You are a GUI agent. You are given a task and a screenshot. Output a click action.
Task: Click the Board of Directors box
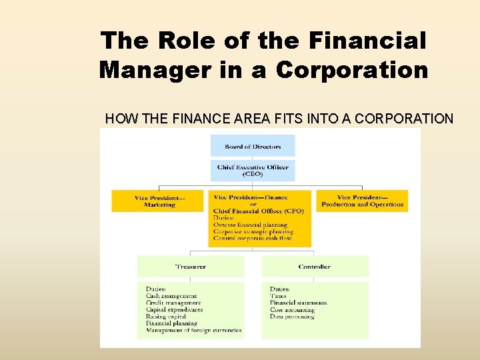(x=253, y=146)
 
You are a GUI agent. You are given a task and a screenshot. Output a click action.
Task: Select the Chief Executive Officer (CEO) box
(x=253, y=171)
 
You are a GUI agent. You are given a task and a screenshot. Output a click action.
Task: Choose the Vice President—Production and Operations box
(x=362, y=201)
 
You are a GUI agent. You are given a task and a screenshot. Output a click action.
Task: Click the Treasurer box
(x=190, y=267)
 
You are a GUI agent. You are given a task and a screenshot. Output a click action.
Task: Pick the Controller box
(x=314, y=267)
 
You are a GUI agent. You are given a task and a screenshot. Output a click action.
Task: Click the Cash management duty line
(x=171, y=296)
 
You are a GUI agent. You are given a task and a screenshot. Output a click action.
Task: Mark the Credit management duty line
(x=173, y=303)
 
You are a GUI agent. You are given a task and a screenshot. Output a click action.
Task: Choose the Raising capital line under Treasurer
(x=166, y=317)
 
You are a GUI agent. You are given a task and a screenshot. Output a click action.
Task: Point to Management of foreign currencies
(x=193, y=330)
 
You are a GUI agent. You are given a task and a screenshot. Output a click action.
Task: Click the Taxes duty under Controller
(x=278, y=296)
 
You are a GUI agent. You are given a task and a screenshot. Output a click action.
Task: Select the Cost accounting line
(x=292, y=310)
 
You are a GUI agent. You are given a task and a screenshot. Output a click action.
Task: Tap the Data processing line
(x=292, y=317)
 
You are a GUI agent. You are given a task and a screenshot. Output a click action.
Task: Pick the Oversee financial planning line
(x=250, y=225)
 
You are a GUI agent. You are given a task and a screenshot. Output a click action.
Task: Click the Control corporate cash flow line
(x=253, y=238)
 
